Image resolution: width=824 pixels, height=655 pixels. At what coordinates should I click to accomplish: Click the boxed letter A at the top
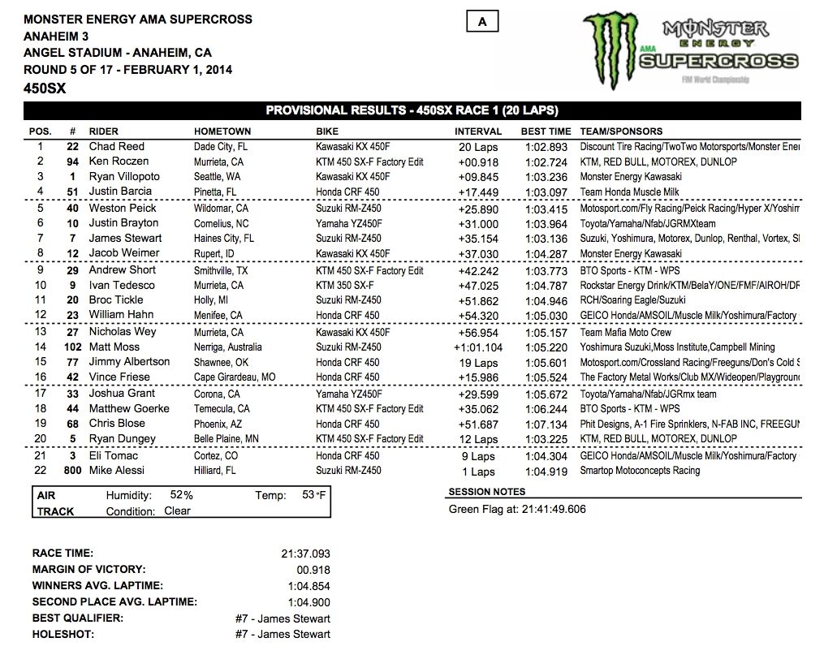(x=482, y=23)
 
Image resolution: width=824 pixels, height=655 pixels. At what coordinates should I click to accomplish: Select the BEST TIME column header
(x=546, y=131)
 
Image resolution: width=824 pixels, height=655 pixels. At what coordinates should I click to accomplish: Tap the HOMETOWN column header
(x=222, y=131)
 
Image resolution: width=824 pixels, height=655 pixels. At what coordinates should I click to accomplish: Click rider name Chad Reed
(x=117, y=147)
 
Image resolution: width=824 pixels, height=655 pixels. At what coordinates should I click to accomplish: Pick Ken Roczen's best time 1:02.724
(x=546, y=162)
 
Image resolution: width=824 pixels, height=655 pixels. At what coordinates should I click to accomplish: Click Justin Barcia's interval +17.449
(x=477, y=192)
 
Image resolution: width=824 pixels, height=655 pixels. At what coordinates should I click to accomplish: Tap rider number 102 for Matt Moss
(x=72, y=347)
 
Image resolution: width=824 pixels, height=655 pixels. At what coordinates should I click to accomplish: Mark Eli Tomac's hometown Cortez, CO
(x=217, y=456)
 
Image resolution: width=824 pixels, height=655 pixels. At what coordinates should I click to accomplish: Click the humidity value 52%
(x=182, y=495)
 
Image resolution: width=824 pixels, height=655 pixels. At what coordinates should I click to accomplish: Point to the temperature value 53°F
(x=314, y=495)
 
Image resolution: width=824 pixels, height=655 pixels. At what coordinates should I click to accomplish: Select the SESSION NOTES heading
(x=487, y=492)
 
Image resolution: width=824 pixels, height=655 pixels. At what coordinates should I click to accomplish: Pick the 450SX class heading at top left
(x=45, y=88)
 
